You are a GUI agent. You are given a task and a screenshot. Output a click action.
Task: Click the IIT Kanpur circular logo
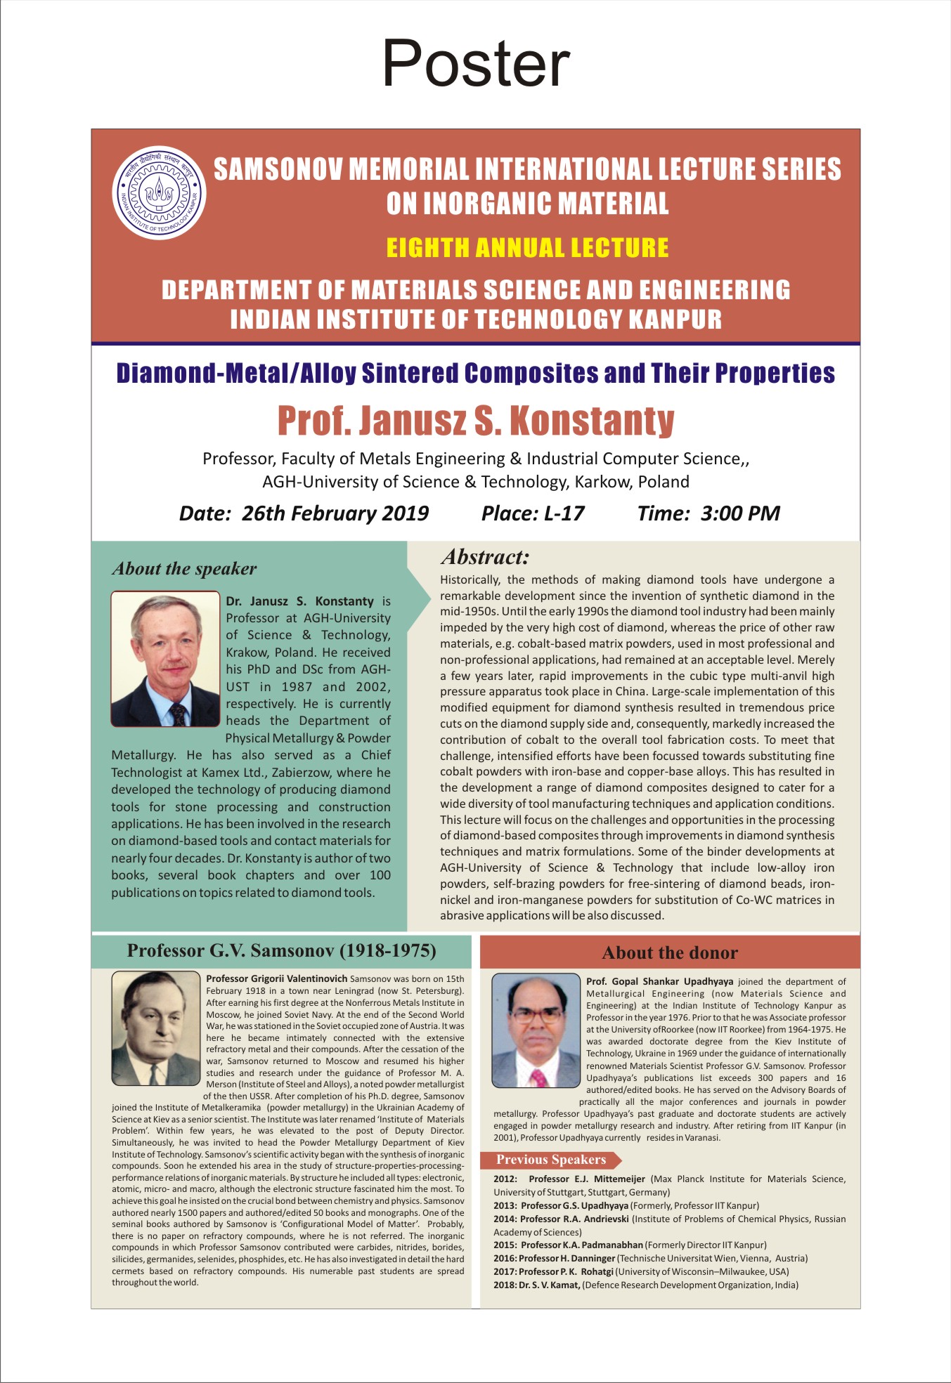(160, 192)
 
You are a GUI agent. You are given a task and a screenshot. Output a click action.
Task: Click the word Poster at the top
(476, 63)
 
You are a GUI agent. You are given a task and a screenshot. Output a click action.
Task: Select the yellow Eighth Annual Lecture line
(527, 248)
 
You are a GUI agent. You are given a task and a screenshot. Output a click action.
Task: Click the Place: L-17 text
(533, 513)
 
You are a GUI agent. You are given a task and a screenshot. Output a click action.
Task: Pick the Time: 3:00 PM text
(709, 513)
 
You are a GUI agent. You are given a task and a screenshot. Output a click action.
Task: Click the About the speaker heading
(184, 568)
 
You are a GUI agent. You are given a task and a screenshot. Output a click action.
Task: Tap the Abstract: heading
(485, 557)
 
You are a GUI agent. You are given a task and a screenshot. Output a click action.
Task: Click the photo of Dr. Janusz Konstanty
(166, 659)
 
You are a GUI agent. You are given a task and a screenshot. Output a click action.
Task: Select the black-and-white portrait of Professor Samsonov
(156, 1028)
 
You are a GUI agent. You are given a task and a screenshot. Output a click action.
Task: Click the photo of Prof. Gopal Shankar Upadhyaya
(536, 1030)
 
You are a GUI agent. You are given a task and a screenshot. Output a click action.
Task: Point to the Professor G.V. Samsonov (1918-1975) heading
(281, 950)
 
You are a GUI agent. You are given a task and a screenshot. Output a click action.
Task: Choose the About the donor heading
(670, 952)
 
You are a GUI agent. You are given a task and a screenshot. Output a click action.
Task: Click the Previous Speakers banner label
(551, 1160)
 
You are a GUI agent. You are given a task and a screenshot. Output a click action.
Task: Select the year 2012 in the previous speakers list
(505, 1179)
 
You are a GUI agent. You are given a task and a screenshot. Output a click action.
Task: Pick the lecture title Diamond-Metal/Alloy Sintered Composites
(476, 373)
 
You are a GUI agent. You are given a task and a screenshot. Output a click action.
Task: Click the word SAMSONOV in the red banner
(278, 169)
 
